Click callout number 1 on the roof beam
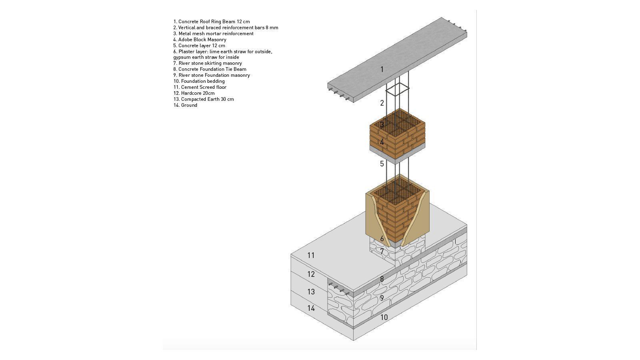point(382,69)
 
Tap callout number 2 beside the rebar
point(382,103)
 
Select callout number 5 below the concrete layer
point(382,164)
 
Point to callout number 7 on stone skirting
point(382,252)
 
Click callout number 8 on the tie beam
point(382,279)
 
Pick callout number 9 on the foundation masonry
point(382,298)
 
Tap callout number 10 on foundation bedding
point(384,317)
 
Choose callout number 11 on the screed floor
point(311,255)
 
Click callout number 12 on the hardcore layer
point(311,274)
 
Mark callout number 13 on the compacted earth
point(311,292)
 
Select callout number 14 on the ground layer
point(311,308)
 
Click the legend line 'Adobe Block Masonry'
point(200,40)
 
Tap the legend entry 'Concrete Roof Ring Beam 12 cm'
point(212,22)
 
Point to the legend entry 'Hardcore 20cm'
point(194,93)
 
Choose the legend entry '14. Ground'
point(185,105)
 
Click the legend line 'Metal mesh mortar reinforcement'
point(213,34)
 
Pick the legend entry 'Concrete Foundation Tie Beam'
point(210,69)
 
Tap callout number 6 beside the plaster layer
point(382,238)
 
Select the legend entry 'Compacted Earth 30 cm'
point(204,99)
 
